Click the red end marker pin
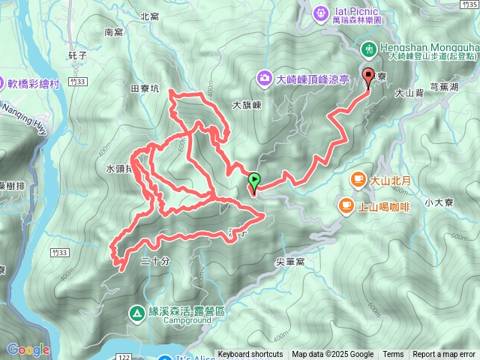pyautogui.click(x=367, y=76)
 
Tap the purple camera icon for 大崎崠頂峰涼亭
pyautogui.click(x=264, y=77)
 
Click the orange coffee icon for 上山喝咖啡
pyautogui.click(x=346, y=204)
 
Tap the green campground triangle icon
pyautogui.click(x=137, y=312)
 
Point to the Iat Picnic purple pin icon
pyautogui.click(x=321, y=12)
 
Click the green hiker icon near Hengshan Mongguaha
pyautogui.click(x=369, y=49)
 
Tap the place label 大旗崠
pyautogui.click(x=246, y=106)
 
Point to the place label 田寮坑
pyautogui.click(x=145, y=88)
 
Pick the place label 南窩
pyautogui.click(x=113, y=32)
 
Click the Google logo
pyautogui.click(x=28, y=349)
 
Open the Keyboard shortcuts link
pyautogui.click(x=250, y=355)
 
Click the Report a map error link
pyautogui.click(x=444, y=355)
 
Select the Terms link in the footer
pyautogui.click(x=393, y=355)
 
